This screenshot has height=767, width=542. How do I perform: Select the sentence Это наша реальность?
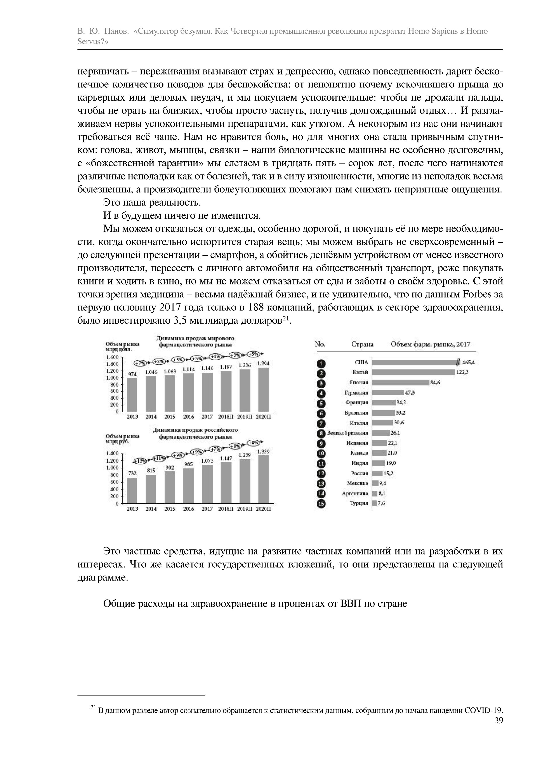pyautogui.click(x=152, y=202)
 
